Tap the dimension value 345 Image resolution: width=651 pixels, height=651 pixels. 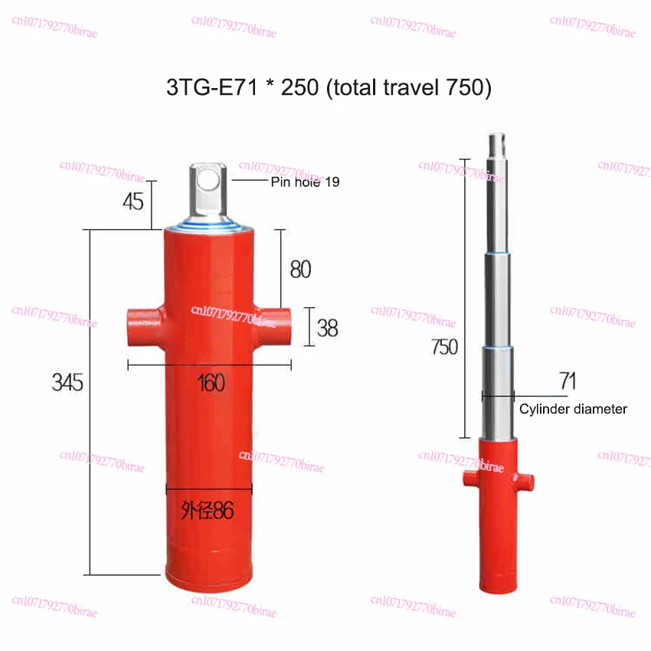(67, 382)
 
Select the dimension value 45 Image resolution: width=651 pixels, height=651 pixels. (133, 202)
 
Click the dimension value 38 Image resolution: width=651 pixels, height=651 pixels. (328, 329)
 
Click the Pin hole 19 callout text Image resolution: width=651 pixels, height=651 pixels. (305, 182)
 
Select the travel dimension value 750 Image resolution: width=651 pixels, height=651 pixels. (443, 347)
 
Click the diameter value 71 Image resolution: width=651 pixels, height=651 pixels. (568, 380)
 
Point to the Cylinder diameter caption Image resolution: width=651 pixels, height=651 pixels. (573, 409)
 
